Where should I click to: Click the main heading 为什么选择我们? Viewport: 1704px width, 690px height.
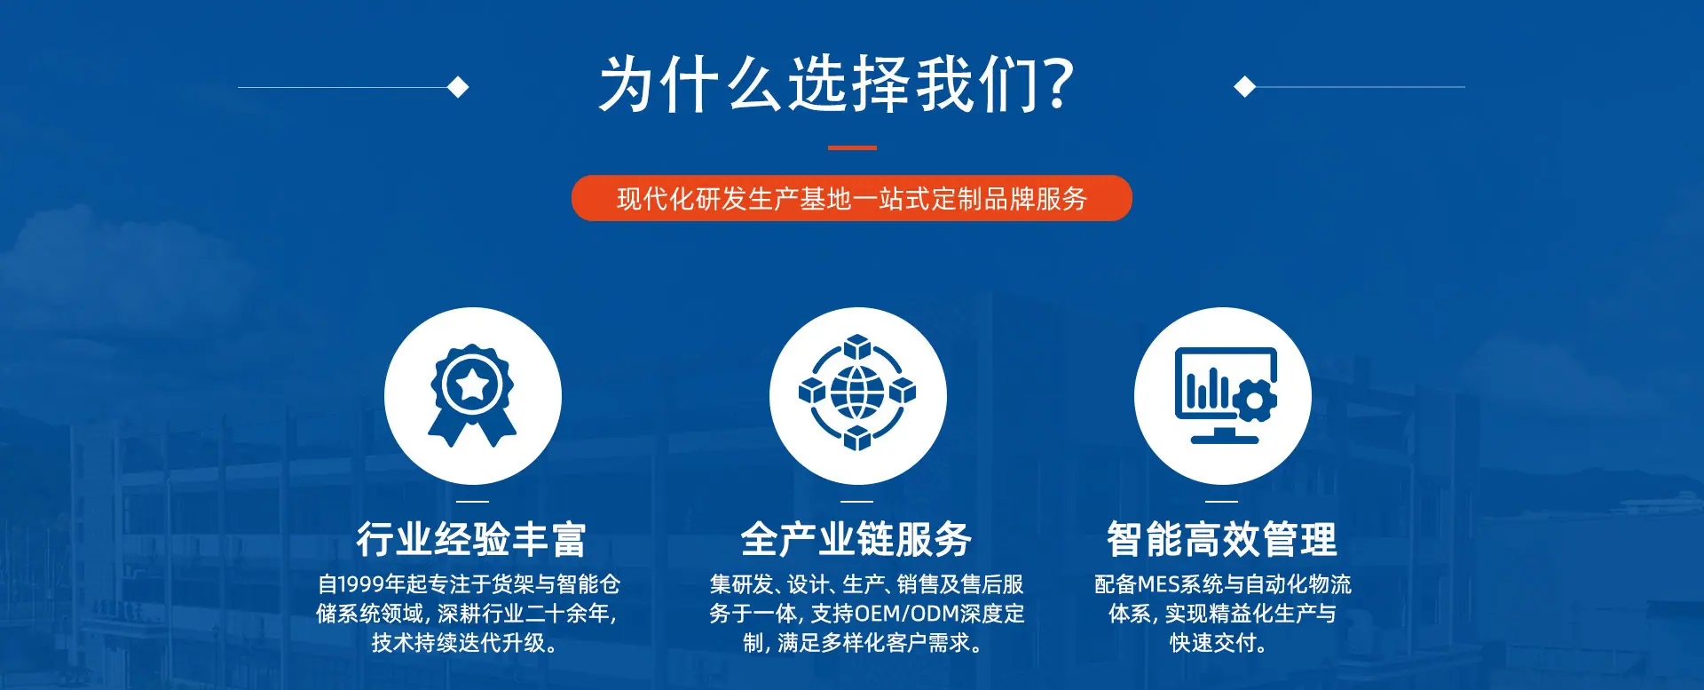pos(837,84)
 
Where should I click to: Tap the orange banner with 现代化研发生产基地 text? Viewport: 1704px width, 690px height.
pos(852,198)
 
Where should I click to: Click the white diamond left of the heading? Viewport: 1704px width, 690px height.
pos(458,87)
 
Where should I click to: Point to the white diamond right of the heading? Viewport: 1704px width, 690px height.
pos(1245,87)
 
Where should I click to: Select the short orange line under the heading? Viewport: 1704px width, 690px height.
pos(852,147)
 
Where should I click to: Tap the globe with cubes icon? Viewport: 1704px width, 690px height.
pos(857,393)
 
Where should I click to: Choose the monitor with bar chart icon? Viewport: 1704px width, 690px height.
pos(1226,395)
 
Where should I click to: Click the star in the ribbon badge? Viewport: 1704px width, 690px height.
pos(472,385)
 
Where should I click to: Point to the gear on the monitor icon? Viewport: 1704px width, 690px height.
pos(1253,400)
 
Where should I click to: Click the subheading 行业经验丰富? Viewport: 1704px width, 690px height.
pos(471,539)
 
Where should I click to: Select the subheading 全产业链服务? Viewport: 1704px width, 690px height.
pos(856,539)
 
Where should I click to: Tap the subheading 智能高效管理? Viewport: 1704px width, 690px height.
pos(1222,539)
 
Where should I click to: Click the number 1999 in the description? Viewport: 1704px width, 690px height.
pos(361,584)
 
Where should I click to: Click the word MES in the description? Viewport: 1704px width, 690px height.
pos(1159,584)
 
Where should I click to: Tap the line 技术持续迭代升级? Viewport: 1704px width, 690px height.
pos(465,643)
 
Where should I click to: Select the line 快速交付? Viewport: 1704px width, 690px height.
pos(1218,643)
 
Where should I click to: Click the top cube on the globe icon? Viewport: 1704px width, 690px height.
pos(857,347)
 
